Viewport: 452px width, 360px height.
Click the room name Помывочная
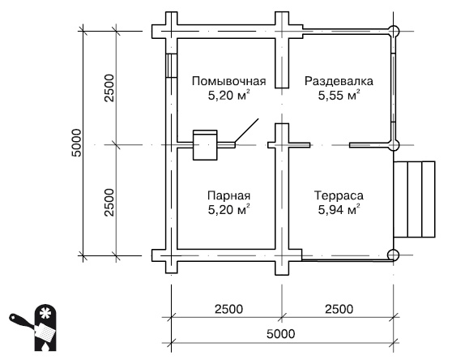pos(229,81)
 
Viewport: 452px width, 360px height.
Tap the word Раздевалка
pos(339,81)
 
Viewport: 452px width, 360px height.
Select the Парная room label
pos(229,196)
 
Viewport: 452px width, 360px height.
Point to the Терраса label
pos(339,196)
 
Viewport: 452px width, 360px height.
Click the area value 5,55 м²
pos(339,96)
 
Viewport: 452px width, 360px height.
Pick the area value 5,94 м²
pos(339,211)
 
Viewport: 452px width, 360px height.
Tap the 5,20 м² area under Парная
pos(228,211)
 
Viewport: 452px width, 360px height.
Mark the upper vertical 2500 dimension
pos(109,89)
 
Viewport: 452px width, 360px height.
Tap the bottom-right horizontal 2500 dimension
pos(339,308)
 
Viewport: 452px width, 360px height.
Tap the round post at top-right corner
pos(394,32)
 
